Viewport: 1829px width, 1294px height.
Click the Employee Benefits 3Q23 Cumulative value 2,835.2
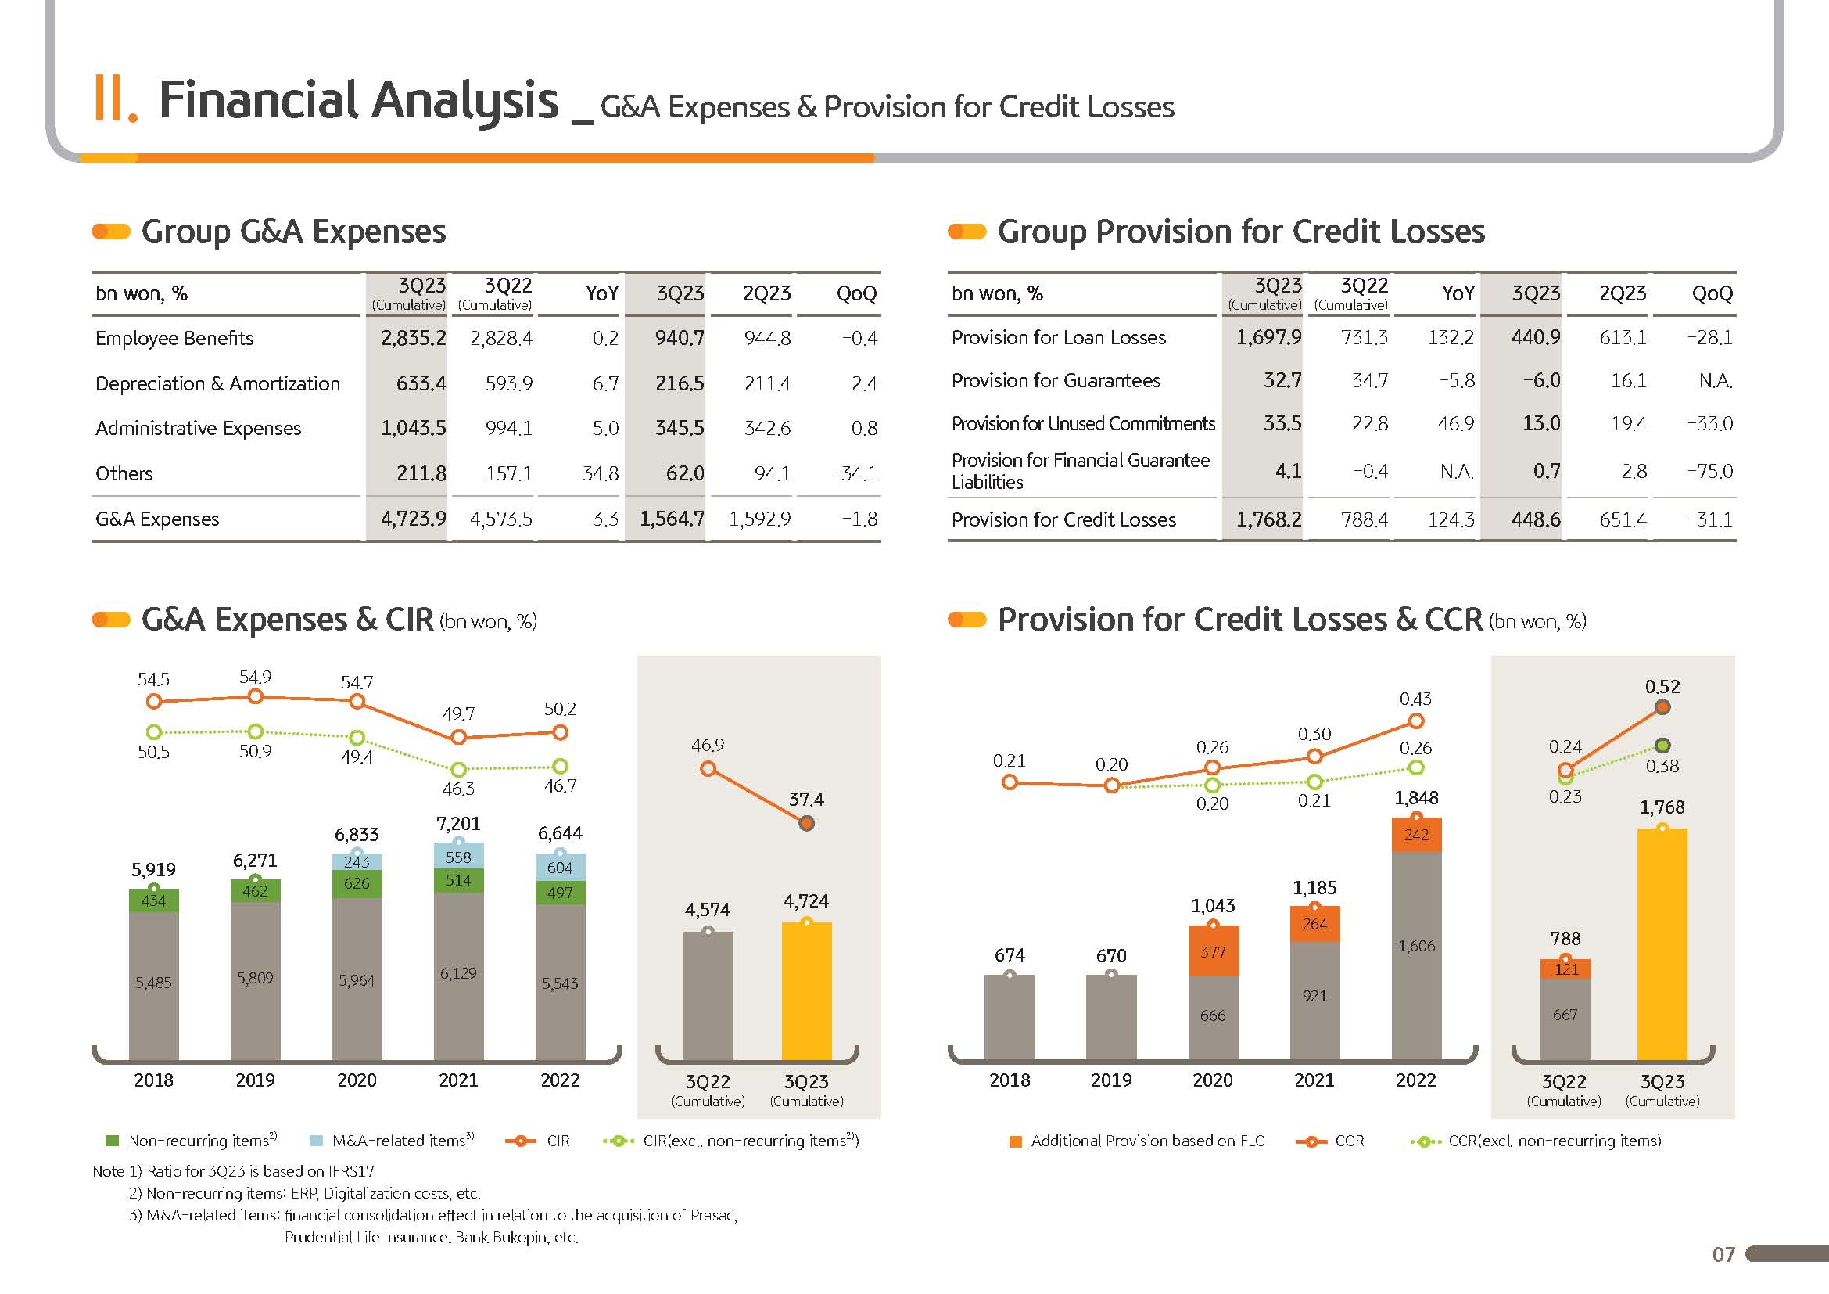click(414, 339)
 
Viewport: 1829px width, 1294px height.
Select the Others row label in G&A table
click(124, 474)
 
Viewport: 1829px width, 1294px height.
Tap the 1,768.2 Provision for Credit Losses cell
click(1268, 520)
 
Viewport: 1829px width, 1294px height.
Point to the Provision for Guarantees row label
click(1056, 381)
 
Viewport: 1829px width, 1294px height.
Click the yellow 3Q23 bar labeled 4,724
click(806, 992)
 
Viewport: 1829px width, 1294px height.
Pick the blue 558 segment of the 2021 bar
click(458, 857)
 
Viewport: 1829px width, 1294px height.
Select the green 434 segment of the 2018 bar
click(154, 901)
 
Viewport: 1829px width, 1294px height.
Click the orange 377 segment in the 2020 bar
click(1213, 952)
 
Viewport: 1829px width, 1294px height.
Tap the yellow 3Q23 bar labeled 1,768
click(1662, 944)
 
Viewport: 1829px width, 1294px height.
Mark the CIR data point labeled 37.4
click(806, 824)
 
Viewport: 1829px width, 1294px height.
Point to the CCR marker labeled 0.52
click(1662, 707)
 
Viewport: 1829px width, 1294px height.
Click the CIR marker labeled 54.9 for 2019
click(256, 697)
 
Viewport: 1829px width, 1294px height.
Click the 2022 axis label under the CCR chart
click(1415, 1080)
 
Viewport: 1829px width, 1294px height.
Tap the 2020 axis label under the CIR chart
click(357, 1080)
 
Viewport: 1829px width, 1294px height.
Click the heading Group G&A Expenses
click(293, 232)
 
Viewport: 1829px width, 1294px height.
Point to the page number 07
click(1723, 1255)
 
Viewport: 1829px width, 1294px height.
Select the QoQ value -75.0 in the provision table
click(1709, 472)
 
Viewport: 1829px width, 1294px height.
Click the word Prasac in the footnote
click(712, 1216)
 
